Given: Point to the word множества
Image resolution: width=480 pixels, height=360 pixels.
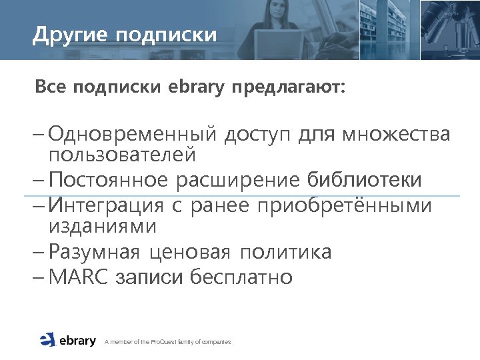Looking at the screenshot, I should click(396, 135).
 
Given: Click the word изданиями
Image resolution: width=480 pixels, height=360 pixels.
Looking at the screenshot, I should click(103, 227).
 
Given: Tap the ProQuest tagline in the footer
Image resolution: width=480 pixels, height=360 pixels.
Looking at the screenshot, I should click(167, 342).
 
